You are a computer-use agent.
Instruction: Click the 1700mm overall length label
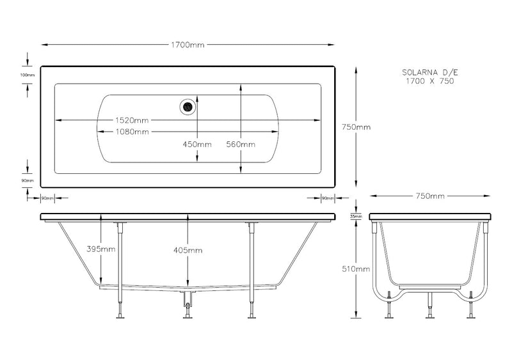pyautogui.click(x=188, y=45)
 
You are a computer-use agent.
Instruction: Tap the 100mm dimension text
pyautogui.click(x=27, y=75)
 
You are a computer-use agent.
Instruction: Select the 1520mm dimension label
pyautogui.click(x=132, y=120)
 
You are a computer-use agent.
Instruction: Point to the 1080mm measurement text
pyautogui.click(x=132, y=132)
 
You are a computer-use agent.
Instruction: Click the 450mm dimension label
pyautogui.click(x=197, y=145)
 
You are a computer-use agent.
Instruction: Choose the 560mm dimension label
pyautogui.click(x=241, y=145)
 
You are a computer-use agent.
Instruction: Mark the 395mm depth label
pyautogui.click(x=101, y=249)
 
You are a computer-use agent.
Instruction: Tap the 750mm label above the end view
pyautogui.click(x=430, y=196)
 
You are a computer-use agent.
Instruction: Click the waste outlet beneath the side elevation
pyautogui.click(x=188, y=303)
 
